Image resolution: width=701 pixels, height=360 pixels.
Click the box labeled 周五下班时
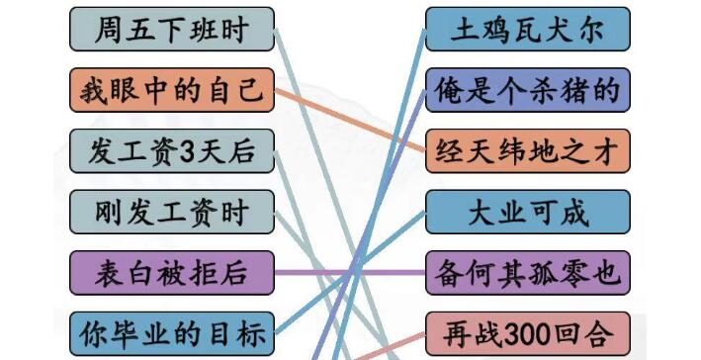click(x=172, y=30)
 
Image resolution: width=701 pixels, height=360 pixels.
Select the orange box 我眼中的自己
click(x=172, y=90)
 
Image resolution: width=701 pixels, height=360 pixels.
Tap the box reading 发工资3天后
click(x=172, y=151)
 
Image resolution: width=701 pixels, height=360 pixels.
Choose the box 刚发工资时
click(x=172, y=211)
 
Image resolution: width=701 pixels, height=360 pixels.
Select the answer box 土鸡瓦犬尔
click(x=527, y=30)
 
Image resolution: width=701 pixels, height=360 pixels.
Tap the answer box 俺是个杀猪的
click(x=527, y=90)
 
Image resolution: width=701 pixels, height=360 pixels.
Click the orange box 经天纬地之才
click(x=527, y=151)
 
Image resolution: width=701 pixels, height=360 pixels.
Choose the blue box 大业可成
click(x=527, y=212)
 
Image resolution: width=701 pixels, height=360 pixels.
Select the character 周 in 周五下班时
click(x=106, y=30)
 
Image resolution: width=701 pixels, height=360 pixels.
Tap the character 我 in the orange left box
click(x=95, y=90)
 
